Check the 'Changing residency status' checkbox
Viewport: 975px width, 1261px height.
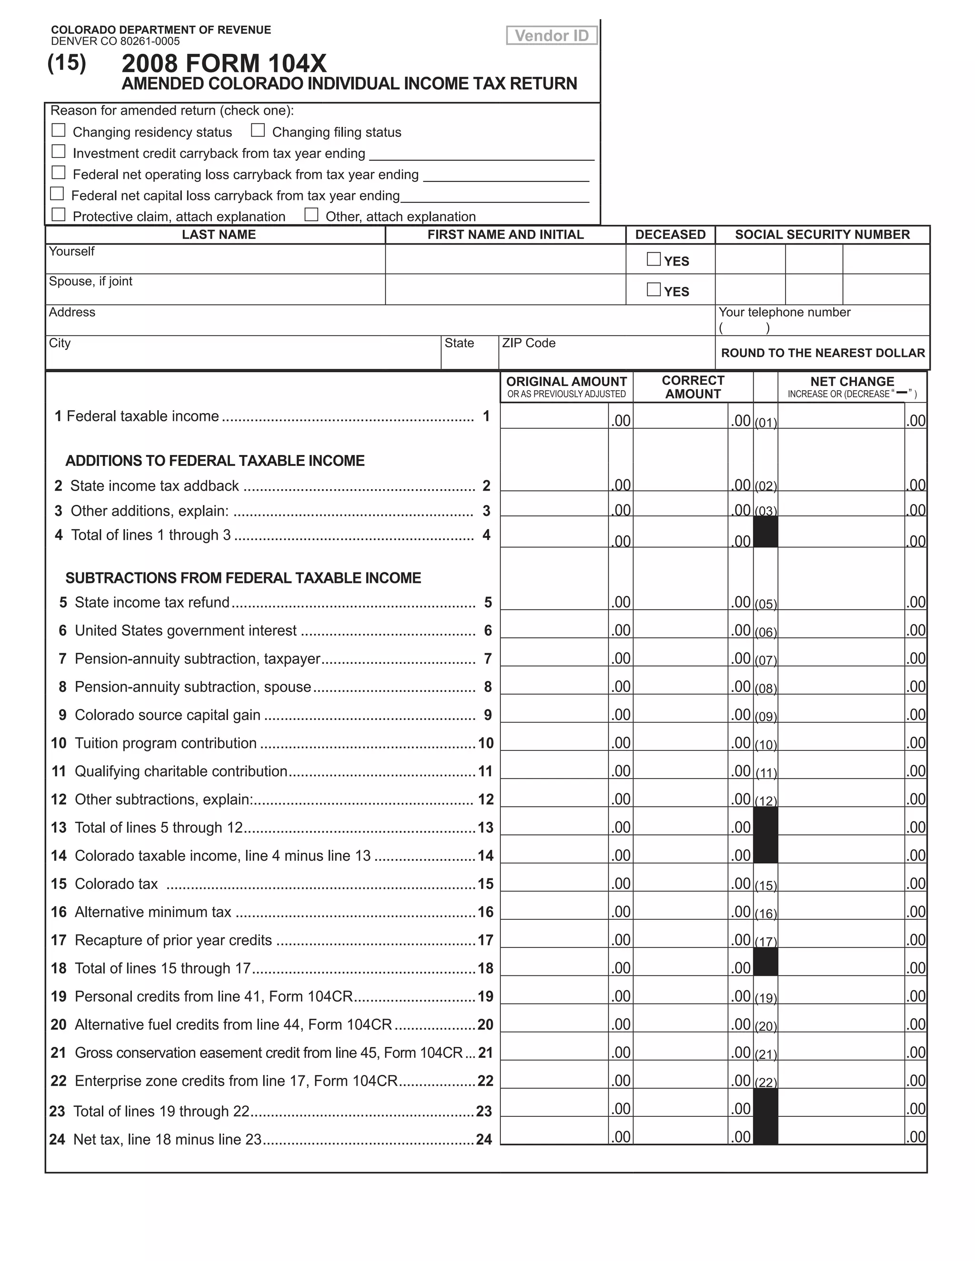point(59,130)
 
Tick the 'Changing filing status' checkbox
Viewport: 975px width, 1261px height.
point(258,130)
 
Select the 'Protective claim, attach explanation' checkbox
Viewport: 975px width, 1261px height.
point(59,215)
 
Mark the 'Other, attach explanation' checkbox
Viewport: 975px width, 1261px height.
point(311,215)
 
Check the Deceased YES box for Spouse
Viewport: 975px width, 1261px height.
point(653,289)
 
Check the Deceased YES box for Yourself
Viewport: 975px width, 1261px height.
point(653,259)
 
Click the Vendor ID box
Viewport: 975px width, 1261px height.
point(552,36)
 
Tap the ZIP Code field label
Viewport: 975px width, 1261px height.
point(528,343)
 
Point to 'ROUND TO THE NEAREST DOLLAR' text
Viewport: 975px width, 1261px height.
point(823,353)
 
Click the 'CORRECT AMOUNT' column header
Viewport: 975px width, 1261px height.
point(693,387)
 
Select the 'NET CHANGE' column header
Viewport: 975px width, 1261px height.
point(852,382)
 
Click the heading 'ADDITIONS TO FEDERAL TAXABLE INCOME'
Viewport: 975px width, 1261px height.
point(215,461)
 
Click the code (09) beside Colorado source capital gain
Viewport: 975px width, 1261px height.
point(766,717)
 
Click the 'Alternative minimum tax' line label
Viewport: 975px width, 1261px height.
point(153,912)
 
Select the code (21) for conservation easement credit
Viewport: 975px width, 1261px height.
point(766,1055)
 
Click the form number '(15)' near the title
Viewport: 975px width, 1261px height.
point(67,62)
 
